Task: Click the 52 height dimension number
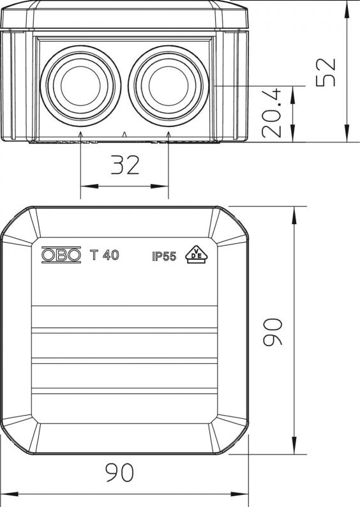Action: pyautogui.click(x=326, y=72)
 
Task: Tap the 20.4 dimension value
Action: pyautogui.click(x=272, y=113)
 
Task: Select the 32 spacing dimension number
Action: pyautogui.click(x=125, y=165)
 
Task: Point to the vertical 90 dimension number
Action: pyautogui.click(x=273, y=332)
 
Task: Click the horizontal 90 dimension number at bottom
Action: pyautogui.click(x=119, y=473)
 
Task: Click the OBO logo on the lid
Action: pyautogui.click(x=61, y=255)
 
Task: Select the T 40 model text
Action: pyautogui.click(x=104, y=255)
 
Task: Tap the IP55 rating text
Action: pyautogui.click(x=164, y=257)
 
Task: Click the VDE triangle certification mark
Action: pyautogui.click(x=196, y=255)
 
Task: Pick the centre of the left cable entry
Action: pyautogui.click(x=80, y=86)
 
